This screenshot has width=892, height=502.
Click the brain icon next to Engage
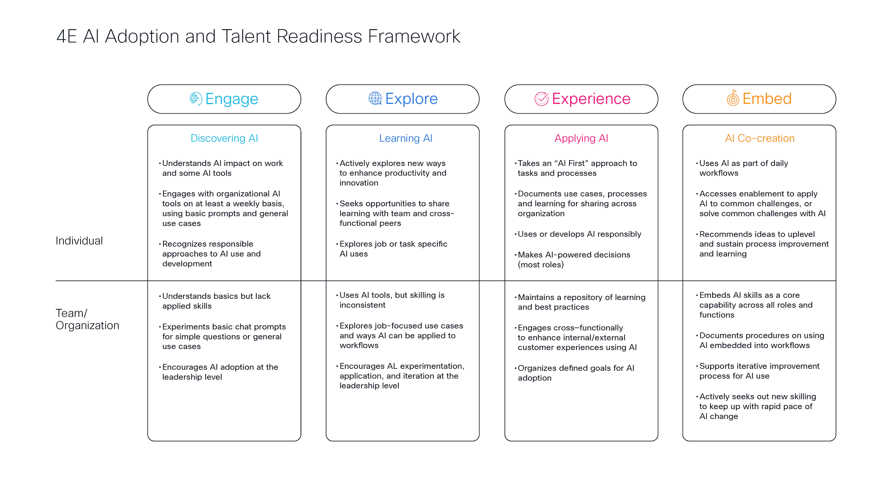tap(196, 99)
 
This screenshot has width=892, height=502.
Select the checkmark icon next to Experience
tap(542, 99)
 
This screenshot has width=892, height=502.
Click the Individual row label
tap(79, 241)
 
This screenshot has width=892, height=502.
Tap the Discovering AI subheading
tap(224, 138)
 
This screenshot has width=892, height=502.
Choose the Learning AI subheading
tap(406, 138)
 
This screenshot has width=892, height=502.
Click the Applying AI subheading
tap(581, 138)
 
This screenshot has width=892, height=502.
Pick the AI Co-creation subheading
tap(760, 138)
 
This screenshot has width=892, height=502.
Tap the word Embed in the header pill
tap(767, 99)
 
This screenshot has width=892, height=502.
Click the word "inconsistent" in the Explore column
tap(362, 305)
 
